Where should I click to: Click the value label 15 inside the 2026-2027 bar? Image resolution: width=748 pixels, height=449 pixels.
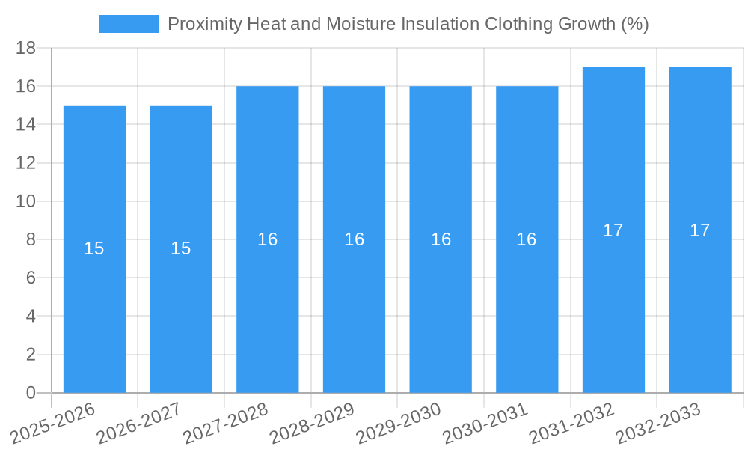[181, 248]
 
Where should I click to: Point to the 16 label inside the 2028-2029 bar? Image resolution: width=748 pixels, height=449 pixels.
[354, 239]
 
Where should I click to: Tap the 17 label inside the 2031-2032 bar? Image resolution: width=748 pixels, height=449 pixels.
[613, 230]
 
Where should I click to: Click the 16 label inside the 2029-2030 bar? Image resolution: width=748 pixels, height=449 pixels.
[441, 239]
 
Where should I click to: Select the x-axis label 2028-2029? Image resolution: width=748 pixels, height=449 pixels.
[313, 422]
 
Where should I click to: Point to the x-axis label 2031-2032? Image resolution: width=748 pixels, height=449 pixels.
[572, 422]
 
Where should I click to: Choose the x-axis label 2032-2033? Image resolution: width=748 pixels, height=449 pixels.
[658, 422]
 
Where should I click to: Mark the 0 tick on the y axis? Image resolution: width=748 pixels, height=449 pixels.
[31, 393]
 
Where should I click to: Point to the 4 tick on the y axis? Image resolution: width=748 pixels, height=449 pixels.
[31, 317]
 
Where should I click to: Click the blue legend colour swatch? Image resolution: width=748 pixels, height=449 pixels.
[129, 24]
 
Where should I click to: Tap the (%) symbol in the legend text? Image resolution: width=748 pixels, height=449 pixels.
[634, 24]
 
